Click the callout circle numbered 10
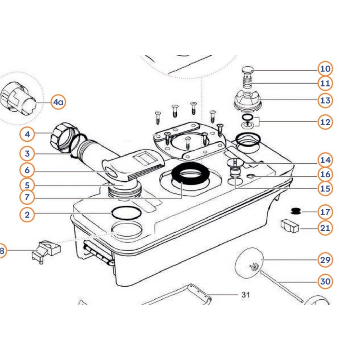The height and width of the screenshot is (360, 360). (325, 69)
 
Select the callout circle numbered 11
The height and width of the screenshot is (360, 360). (325, 84)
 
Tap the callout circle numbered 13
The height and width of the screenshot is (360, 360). (325, 100)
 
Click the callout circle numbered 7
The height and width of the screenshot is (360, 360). (27, 197)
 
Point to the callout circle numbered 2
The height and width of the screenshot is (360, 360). (27, 215)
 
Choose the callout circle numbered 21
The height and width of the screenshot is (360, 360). (325, 228)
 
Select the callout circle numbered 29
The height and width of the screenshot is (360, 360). (325, 260)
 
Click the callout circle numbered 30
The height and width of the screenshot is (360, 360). (325, 282)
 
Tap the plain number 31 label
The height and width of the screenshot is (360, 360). (245, 295)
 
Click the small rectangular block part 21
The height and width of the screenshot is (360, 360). (290, 225)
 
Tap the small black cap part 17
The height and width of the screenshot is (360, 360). (296, 210)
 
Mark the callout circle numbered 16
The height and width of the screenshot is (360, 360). (325, 174)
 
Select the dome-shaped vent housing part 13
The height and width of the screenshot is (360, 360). (247, 100)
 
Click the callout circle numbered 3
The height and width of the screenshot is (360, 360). (27, 153)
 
